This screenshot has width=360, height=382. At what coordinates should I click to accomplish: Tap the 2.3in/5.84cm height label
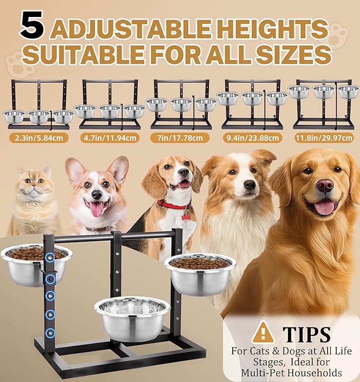[38, 139]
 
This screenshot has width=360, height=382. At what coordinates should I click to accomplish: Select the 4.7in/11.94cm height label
[110, 139]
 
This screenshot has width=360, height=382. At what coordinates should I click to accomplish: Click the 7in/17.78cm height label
[181, 139]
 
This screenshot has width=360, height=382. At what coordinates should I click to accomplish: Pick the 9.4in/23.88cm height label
[252, 139]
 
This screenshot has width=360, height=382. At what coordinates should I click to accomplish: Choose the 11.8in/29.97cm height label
[323, 139]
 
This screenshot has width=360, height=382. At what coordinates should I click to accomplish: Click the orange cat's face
[35, 188]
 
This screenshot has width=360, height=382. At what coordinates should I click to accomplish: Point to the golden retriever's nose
[325, 185]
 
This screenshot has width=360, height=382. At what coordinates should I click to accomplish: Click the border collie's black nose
[250, 185]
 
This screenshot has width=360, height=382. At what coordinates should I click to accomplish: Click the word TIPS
[307, 334]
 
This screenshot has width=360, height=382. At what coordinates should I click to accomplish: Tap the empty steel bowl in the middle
[133, 317]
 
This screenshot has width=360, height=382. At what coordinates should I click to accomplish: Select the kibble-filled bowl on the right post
[200, 273]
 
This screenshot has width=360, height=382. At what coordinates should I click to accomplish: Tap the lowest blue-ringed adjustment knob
[50, 333]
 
